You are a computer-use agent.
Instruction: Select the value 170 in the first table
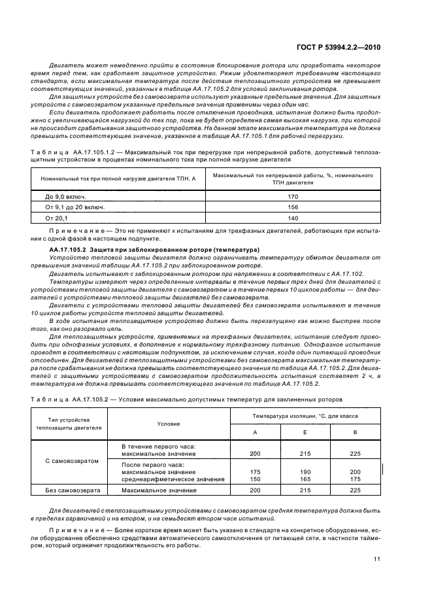(x=293, y=196)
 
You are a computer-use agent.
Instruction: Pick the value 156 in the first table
(x=293, y=207)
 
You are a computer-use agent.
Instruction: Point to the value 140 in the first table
(x=293, y=218)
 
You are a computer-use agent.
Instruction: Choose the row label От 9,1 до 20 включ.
(x=75, y=207)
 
